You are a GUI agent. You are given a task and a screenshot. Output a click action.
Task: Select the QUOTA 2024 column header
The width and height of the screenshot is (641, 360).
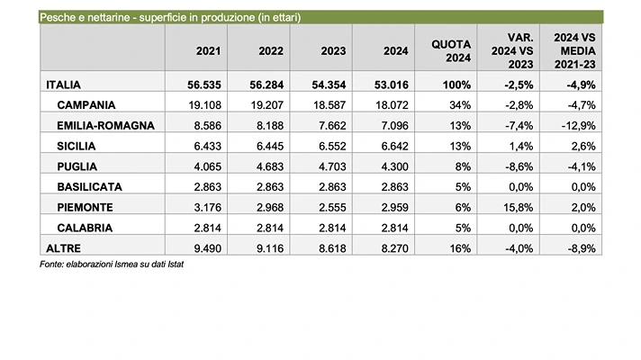coord(448,52)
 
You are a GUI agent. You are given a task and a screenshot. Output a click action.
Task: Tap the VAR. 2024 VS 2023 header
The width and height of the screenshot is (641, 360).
coord(510,52)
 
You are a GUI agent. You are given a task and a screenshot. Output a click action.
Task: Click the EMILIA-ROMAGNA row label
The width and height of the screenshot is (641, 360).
coord(107,126)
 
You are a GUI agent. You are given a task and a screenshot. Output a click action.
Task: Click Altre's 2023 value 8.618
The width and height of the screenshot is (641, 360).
coord(322,248)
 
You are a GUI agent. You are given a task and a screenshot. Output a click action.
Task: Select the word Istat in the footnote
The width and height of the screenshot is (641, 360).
coord(186,265)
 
